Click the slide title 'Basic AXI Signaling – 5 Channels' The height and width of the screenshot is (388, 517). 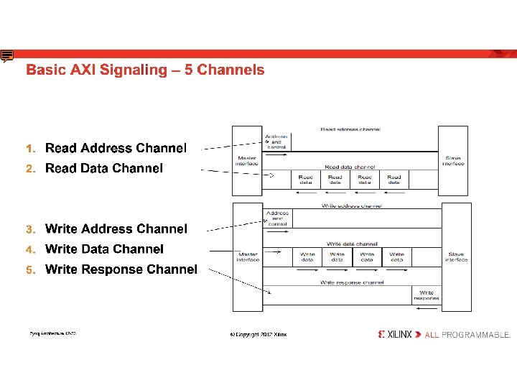coord(145,70)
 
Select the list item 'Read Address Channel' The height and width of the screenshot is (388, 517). coord(116,148)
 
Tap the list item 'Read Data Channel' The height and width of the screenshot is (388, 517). coord(104,168)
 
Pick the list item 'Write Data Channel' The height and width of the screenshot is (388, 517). coord(104,249)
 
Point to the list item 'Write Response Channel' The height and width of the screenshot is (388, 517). coord(121,269)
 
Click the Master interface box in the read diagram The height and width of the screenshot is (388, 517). coord(247,160)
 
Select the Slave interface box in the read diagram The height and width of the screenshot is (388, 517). coord(453,160)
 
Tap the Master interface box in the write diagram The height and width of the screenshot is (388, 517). coord(248,257)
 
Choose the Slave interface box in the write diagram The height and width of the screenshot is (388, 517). coord(456,257)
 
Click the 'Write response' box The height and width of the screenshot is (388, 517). coord(426,295)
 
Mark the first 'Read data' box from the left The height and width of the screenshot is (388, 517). coord(306,180)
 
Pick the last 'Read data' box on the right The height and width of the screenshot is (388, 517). coord(394,180)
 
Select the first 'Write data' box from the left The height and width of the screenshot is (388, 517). coord(307,257)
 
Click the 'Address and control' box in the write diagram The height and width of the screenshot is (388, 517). coord(277,218)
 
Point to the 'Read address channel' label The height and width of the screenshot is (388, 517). coord(350,129)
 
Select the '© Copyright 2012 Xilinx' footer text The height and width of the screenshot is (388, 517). coord(258,335)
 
